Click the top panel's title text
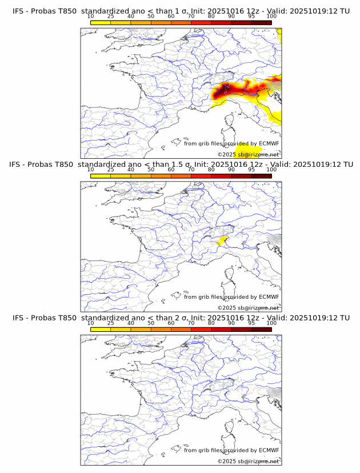coord(181,11)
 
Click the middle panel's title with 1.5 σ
coord(181,165)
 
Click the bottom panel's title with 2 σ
coord(181,318)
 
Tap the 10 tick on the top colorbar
coord(91,16)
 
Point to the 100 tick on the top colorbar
coord(271,16)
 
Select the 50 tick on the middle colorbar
coord(151,170)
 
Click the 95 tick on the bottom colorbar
coord(251,323)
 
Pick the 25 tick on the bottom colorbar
coord(110,323)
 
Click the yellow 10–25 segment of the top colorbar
coord(101,22)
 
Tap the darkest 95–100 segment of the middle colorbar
coord(261,175)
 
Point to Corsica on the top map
coord(231,122)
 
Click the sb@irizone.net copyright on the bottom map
coord(248,461)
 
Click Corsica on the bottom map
coord(231,428)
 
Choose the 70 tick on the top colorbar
coord(191,16)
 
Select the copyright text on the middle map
coord(248,308)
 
